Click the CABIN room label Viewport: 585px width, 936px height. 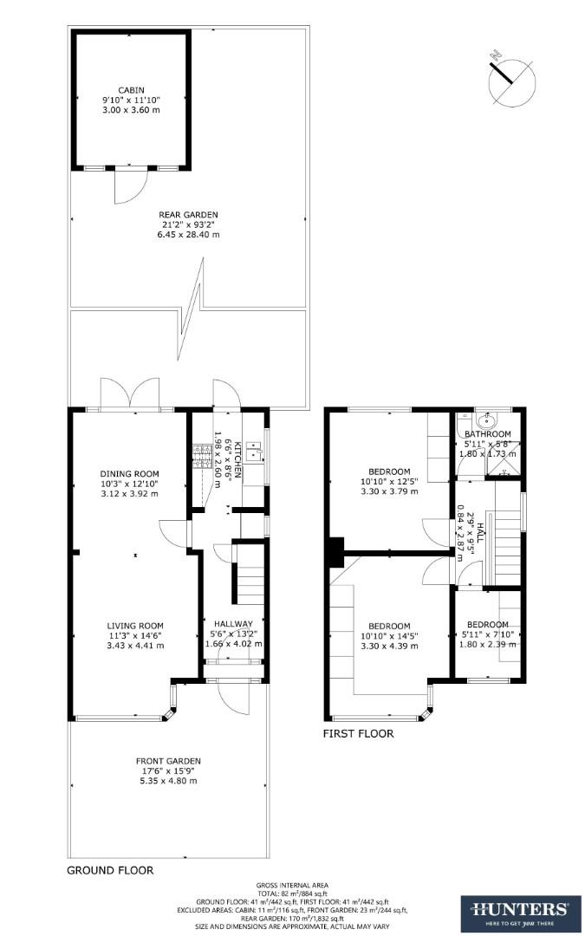click(x=131, y=89)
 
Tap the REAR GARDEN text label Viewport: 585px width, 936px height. click(x=188, y=215)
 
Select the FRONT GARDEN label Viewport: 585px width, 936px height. click(x=168, y=761)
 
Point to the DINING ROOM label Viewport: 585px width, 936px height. click(x=129, y=473)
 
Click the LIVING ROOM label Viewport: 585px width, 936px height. click(x=135, y=626)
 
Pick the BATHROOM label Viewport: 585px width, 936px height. click(x=487, y=434)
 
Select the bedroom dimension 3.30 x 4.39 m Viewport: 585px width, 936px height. click(x=389, y=646)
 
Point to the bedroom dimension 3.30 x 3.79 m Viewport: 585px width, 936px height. click(x=389, y=491)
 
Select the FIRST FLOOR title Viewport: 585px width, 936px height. click(x=358, y=733)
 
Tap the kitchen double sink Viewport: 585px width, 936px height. click(x=254, y=451)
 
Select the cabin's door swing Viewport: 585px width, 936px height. click(x=128, y=185)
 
